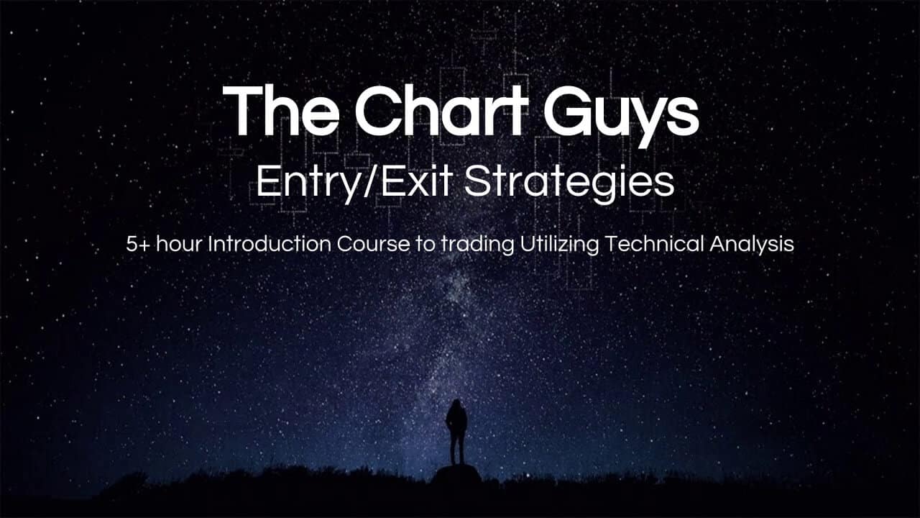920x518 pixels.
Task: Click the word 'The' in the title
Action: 281,111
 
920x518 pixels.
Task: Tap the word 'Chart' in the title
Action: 441,110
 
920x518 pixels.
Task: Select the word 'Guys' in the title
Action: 621,116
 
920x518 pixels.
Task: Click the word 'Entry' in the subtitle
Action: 308,183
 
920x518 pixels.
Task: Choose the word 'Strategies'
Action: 569,183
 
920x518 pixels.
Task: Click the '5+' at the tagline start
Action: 139,244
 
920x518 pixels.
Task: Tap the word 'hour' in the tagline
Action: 179,244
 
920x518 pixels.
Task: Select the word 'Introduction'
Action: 270,244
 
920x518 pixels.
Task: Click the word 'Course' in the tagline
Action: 373,244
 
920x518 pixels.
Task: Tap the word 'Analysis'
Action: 752,246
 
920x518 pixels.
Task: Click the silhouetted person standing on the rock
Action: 456,432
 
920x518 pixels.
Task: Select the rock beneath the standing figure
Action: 457,473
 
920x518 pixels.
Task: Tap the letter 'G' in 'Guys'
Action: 569,110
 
